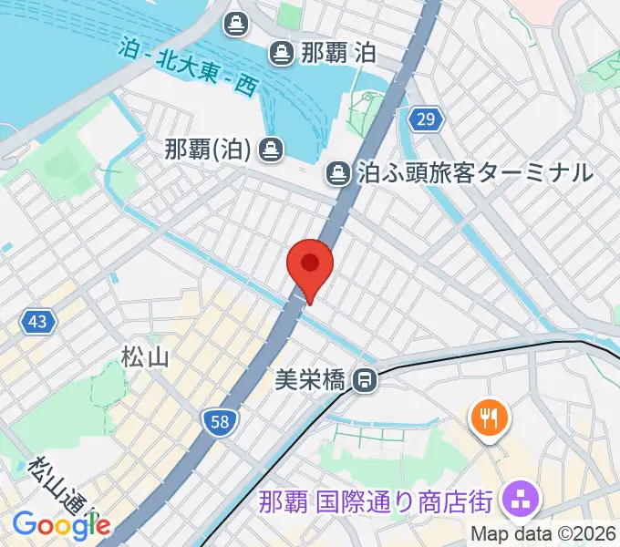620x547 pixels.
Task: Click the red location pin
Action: (x=310, y=267)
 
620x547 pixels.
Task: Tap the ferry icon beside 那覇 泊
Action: (x=281, y=53)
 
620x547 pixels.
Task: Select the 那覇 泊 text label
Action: (x=337, y=53)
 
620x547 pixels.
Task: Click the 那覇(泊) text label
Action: (x=208, y=148)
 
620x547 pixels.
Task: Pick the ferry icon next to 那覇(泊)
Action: (x=270, y=148)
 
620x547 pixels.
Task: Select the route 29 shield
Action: (x=426, y=119)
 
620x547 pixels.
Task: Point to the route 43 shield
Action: (x=37, y=321)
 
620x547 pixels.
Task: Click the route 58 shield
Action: (x=220, y=419)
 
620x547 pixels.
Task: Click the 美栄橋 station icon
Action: (x=366, y=378)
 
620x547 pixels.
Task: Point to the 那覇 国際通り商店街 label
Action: (x=376, y=502)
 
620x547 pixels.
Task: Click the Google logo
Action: (x=62, y=524)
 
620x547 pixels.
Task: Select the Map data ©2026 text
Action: (x=543, y=534)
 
